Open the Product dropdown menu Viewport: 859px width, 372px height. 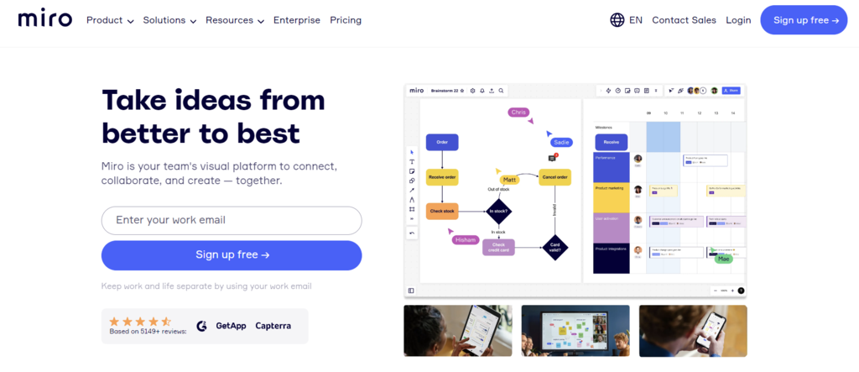(110, 20)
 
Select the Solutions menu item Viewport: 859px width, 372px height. (169, 20)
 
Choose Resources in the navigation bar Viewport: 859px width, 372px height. (235, 20)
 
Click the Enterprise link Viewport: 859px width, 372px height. (297, 20)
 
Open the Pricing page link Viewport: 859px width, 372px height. (346, 20)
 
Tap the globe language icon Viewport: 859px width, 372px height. (617, 20)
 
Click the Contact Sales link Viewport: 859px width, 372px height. (684, 20)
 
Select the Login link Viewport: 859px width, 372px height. (738, 20)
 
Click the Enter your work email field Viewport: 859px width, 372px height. (232, 221)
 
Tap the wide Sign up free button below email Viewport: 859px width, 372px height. (232, 255)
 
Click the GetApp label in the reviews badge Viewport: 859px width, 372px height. (231, 326)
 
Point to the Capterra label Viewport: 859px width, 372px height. (273, 326)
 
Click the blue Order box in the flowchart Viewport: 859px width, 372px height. (442, 143)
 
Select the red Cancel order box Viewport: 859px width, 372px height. (555, 177)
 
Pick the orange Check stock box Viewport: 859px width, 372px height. (442, 211)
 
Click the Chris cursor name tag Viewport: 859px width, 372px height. (518, 112)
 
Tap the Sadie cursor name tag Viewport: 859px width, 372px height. (561, 143)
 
